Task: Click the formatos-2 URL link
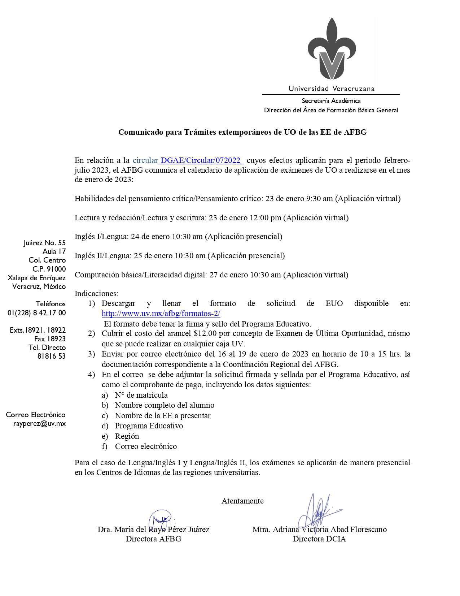click(x=161, y=314)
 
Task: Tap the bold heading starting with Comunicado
click(x=242, y=132)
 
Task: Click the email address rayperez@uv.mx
click(x=39, y=424)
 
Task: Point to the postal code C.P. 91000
click(x=49, y=269)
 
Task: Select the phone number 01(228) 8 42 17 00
click(x=37, y=313)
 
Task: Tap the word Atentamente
click(x=242, y=501)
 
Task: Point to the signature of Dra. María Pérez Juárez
click(x=161, y=520)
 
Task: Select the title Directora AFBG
click(x=153, y=539)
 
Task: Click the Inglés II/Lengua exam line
click(x=180, y=256)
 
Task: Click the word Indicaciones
click(x=96, y=294)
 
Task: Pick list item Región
click(x=127, y=436)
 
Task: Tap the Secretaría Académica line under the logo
click(x=331, y=101)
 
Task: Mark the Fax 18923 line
click(x=50, y=339)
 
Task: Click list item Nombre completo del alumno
click(x=165, y=405)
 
